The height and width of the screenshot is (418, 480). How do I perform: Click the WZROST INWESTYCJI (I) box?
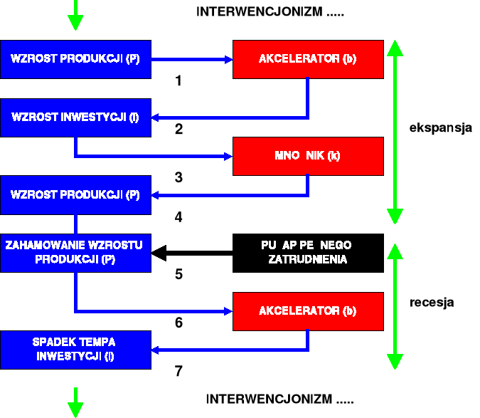point(75,117)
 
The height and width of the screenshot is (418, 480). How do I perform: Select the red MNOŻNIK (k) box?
point(308,156)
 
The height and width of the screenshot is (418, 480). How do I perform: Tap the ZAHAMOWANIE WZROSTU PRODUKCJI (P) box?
point(75,253)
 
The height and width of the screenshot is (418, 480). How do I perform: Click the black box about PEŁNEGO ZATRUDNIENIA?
point(308,253)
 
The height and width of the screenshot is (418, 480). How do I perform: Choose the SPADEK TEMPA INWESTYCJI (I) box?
point(75,350)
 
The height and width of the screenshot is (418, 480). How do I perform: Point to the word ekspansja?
point(441,129)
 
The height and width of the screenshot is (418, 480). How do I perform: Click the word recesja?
point(432,303)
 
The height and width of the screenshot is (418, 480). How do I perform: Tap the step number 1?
point(178,81)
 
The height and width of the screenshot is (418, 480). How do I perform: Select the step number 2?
point(178,130)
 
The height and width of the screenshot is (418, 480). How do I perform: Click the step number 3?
point(178,177)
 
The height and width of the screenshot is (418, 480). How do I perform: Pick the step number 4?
point(178,217)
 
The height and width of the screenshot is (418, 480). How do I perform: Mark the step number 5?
point(178,274)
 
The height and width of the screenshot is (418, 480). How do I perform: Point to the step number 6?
point(178,323)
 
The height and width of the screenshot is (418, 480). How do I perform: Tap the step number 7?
point(178,371)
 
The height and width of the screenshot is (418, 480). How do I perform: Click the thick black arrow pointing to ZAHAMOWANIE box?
point(192,252)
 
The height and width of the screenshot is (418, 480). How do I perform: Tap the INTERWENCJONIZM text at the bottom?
point(279,399)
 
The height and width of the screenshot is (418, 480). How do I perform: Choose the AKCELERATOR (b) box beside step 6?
point(308,311)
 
